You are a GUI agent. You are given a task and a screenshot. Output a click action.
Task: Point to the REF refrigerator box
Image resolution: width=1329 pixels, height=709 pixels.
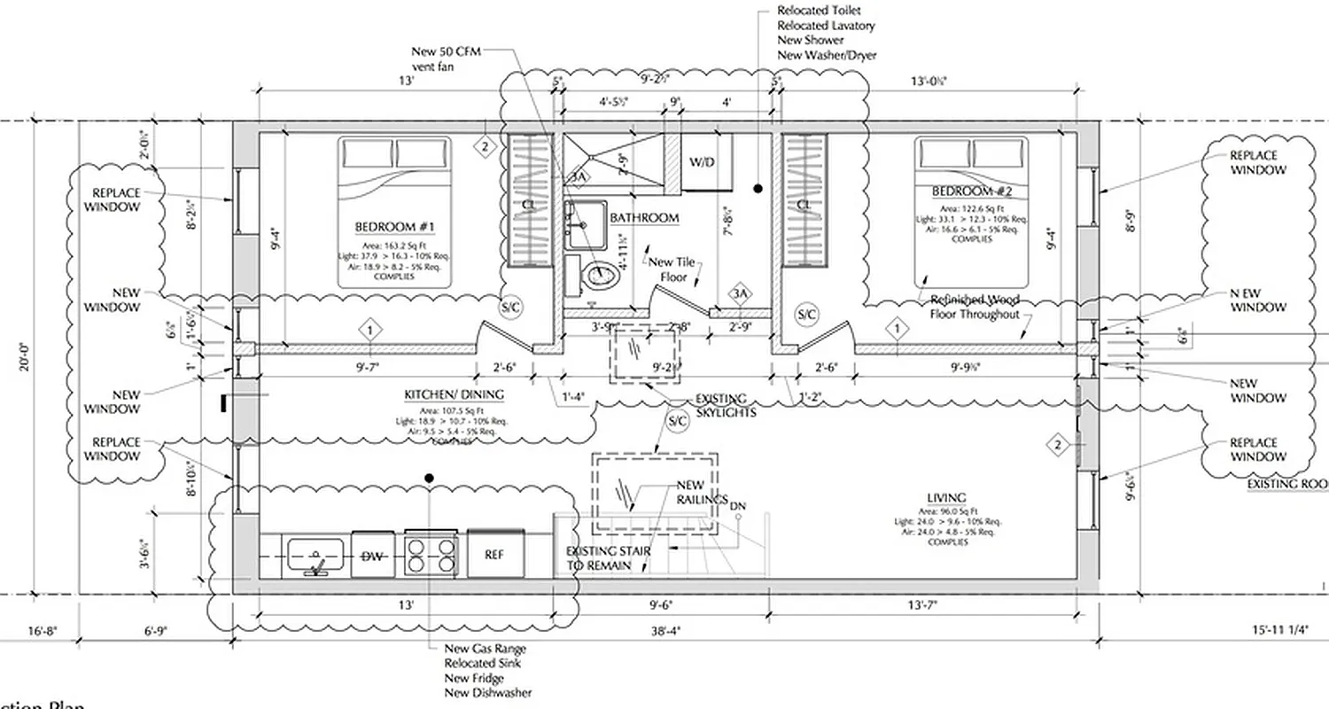coord(494,554)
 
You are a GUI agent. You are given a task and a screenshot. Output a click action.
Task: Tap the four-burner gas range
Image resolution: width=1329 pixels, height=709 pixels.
coord(431,554)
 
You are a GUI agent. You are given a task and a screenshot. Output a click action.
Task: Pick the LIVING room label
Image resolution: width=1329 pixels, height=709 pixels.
coord(947,498)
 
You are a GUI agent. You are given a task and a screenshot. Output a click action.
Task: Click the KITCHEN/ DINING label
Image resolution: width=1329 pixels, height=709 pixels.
coord(454,394)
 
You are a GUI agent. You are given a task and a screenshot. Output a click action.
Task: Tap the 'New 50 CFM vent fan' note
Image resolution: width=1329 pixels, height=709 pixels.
coord(440,58)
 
